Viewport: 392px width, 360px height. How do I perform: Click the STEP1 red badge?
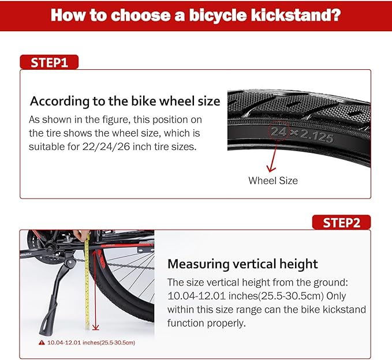(49, 62)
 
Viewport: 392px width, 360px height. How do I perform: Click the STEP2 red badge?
(341, 223)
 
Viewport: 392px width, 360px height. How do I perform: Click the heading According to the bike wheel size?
(125, 101)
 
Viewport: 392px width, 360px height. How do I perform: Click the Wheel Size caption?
(273, 181)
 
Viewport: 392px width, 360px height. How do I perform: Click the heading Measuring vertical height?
(242, 264)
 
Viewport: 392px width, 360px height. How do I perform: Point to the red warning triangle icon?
(41, 343)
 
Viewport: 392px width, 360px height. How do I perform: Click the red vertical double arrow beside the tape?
(95, 288)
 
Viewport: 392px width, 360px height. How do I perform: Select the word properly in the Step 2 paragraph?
(227, 323)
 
